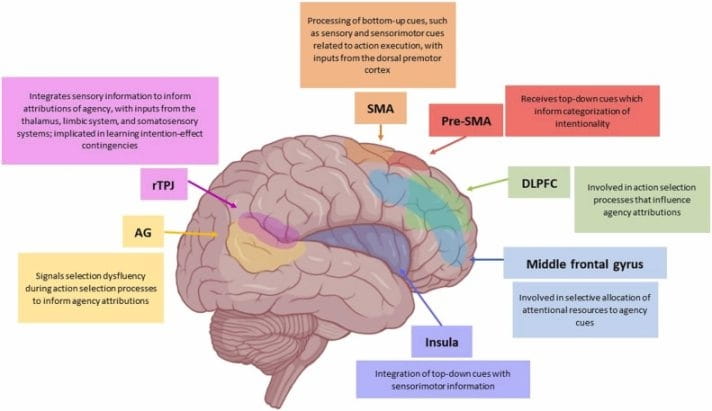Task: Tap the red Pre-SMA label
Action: (465, 123)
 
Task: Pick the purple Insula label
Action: (442, 342)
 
